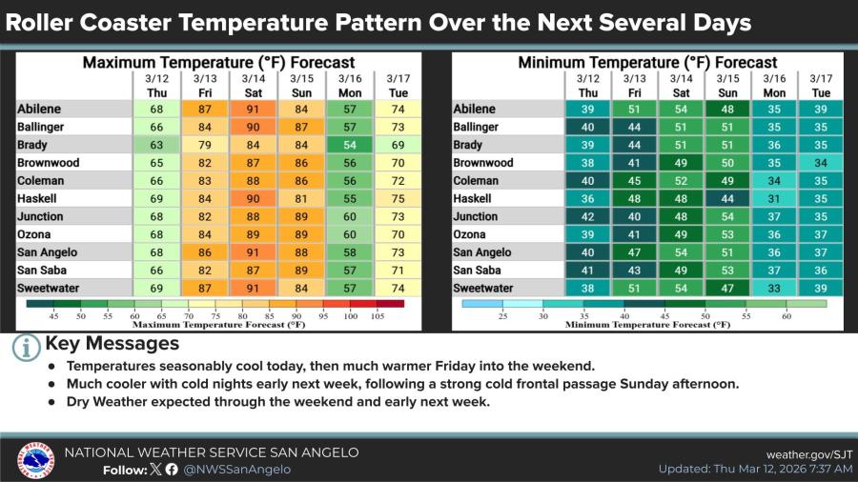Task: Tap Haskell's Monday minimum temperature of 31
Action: [774, 198]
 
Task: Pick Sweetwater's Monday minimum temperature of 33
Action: [774, 288]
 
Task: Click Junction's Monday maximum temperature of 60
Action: [349, 216]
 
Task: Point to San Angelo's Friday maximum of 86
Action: [204, 252]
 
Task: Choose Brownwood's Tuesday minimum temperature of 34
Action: [821, 163]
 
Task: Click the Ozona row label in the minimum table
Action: [472, 234]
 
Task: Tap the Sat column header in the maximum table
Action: [253, 92]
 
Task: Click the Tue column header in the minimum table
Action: [821, 92]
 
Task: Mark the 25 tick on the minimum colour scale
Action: [501, 315]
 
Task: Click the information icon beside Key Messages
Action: [26, 348]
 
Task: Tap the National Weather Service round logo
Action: [35, 461]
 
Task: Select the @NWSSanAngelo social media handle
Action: [236, 469]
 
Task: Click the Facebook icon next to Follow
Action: [172, 469]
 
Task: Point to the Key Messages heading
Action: [112, 343]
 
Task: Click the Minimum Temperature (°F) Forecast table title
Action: [647, 63]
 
